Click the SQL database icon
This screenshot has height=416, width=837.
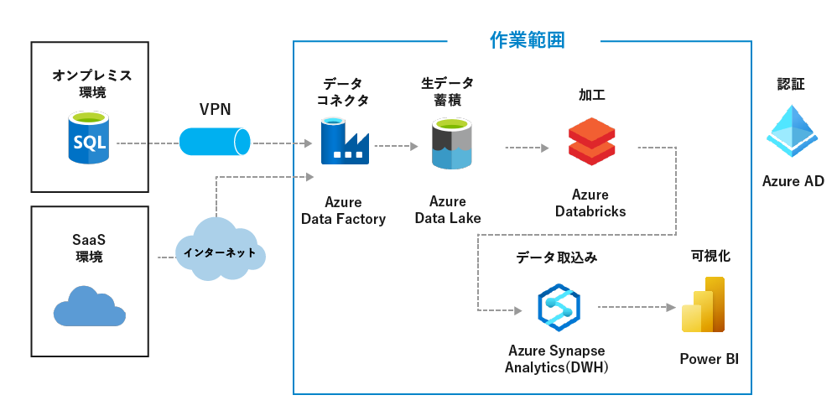89,140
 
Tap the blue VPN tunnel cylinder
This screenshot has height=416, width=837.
215,142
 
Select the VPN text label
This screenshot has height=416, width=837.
216,110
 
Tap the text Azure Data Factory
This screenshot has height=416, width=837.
343,211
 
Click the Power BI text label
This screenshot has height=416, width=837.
709,359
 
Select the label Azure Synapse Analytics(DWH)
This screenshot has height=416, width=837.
556,358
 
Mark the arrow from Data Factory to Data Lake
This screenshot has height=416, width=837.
396,145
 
